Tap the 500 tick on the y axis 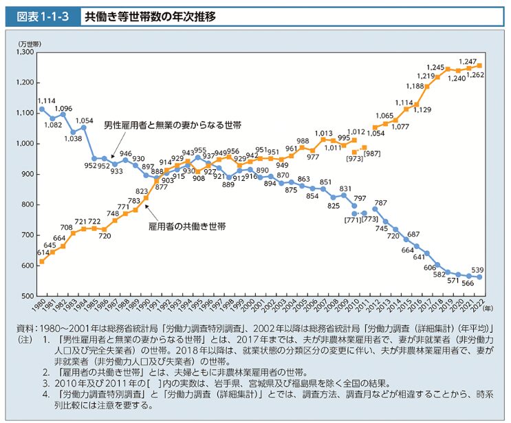pos(27,296)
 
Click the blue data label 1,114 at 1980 pos(47,100)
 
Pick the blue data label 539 pos(477,270)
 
